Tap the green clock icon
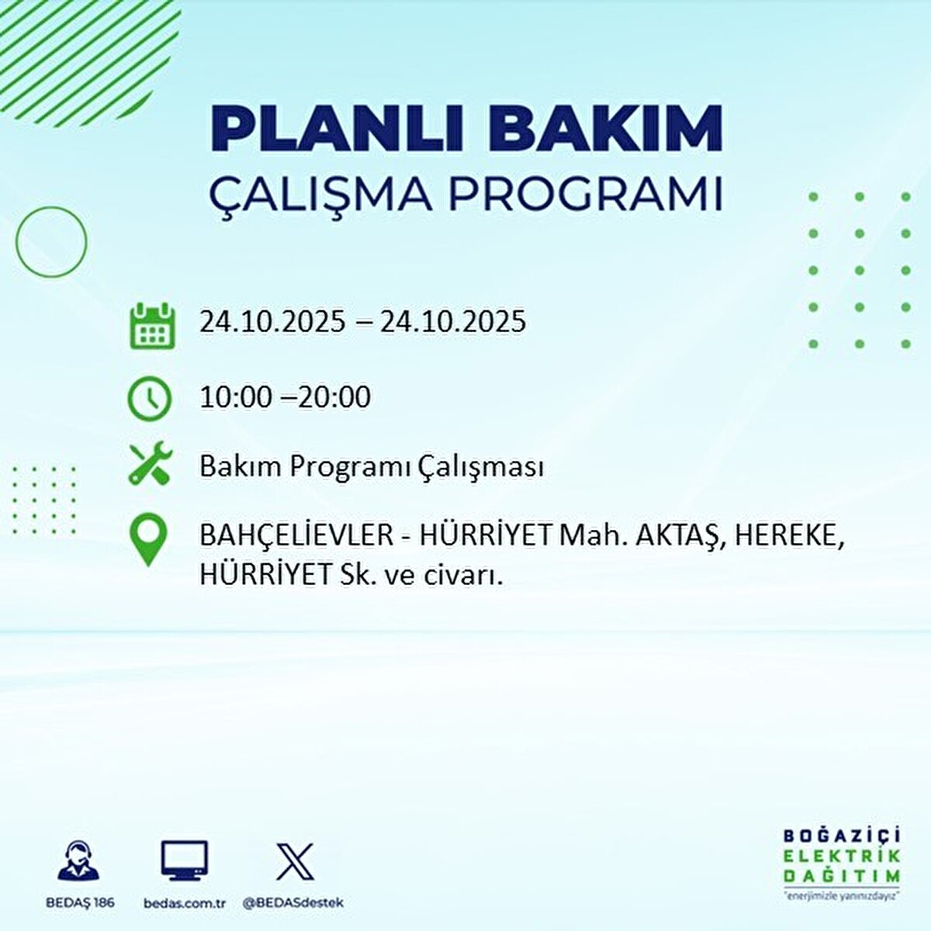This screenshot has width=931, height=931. pyautogui.click(x=149, y=399)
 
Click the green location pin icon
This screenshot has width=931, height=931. pyautogui.click(x=147, y=541)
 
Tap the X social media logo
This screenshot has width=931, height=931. pyautogui.click(x=295, y=861)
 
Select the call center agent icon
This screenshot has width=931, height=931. pyautogui.click(x=78, y=861)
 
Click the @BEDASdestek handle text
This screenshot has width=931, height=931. pyautogui.click(x=293, y=903)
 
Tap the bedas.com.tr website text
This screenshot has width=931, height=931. pyautogui.click(x=185, y=903)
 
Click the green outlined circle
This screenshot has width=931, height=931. pyautogui.click(x=51, y=241)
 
